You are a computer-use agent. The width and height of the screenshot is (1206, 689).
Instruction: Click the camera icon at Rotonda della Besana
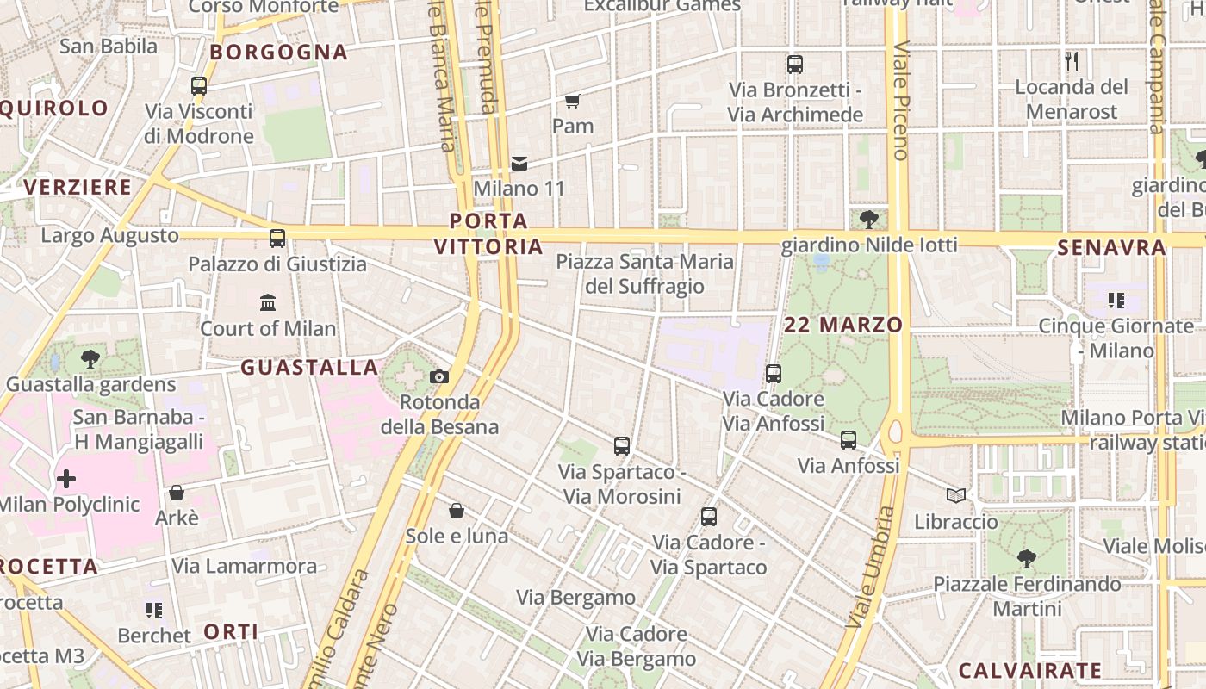click(438, 376)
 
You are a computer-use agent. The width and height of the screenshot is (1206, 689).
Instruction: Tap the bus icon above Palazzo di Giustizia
click(277, 239)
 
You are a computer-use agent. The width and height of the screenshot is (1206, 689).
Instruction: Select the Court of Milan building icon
click(268, 302)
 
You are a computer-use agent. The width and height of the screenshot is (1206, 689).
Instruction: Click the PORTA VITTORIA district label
click(488, 234)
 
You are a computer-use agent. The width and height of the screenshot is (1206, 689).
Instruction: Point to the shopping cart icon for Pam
click(572, 101)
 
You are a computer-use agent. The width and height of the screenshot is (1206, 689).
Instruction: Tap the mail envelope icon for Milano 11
click(519, 163)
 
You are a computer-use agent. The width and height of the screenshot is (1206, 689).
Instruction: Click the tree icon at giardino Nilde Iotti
click(868, 219)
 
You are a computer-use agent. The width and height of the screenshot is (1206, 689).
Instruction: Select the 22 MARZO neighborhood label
click(843, 325)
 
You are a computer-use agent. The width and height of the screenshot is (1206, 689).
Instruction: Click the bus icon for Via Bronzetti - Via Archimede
click(794, 64)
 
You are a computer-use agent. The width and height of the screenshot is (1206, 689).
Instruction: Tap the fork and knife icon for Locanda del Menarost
click(1072, 60)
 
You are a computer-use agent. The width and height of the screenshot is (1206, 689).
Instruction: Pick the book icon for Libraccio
click(956, 495)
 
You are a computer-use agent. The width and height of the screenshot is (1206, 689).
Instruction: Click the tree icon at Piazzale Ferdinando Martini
click(1026, 558)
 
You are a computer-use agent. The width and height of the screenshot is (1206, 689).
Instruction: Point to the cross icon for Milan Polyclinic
click(66, 478)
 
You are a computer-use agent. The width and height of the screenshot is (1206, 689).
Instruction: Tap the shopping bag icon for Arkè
click(177, 493)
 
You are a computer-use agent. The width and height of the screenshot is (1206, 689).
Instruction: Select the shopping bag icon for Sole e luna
click(457, 511)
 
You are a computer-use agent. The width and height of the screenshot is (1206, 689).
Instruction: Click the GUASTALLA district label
click(309, 368)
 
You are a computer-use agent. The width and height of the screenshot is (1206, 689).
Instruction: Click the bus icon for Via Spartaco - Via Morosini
click(622, 445)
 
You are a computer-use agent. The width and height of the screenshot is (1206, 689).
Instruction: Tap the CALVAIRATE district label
click(1030, 670)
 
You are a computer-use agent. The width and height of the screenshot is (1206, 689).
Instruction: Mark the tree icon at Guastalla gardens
click(90, 359)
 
